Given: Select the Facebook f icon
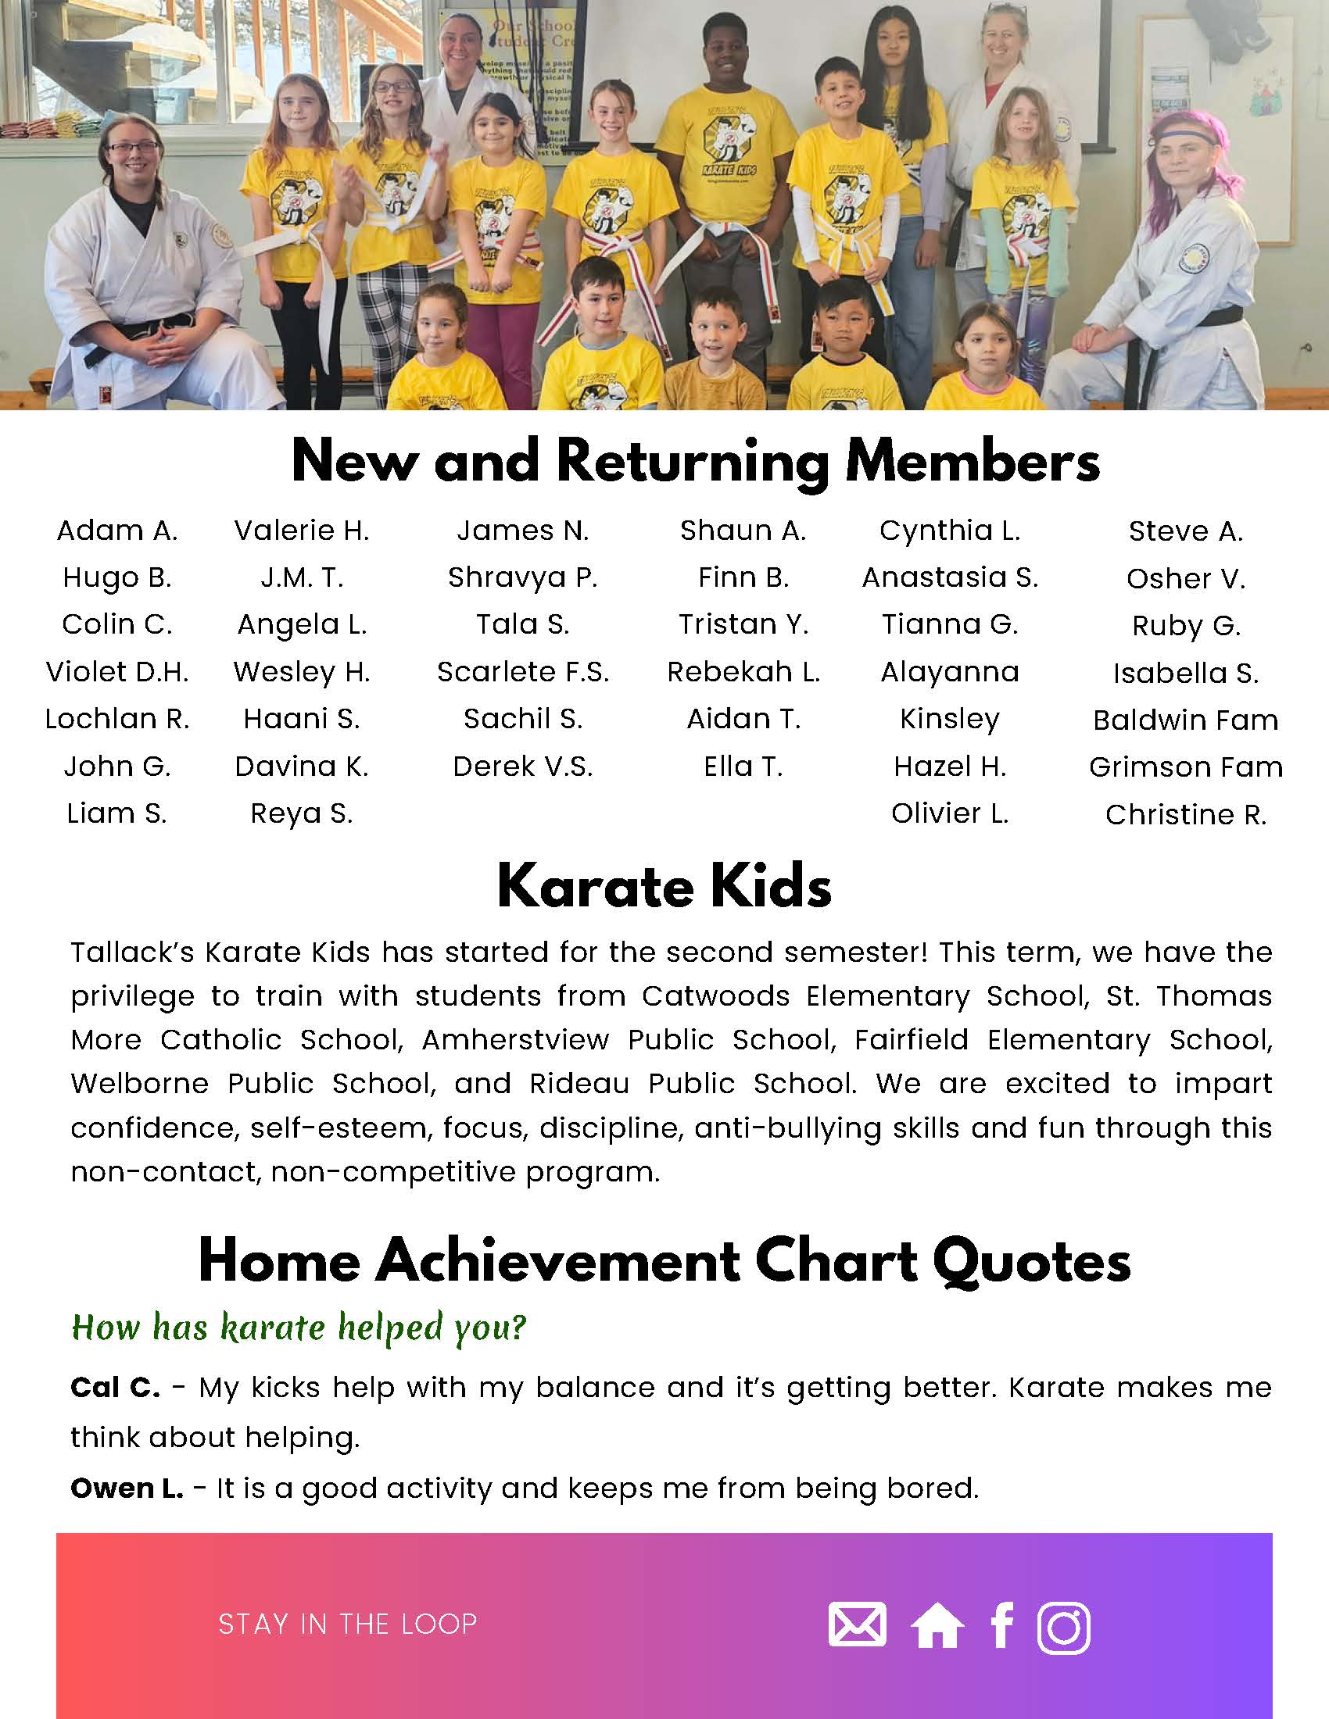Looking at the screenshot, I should pos(1001,1624).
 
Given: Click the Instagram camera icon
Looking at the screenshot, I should pos(1064,1626).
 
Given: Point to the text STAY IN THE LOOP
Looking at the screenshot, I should pos(347,1624).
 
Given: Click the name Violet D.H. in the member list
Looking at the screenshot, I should pos(117,671).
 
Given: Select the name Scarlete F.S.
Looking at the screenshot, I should pos(523,671).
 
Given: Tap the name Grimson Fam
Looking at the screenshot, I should pos(1186,767).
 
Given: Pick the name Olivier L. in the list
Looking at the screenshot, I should pos(950,813).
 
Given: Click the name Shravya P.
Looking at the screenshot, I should pos(523,577).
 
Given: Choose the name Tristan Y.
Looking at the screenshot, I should pos(743,624).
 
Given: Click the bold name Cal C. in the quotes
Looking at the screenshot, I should pos(115,1388).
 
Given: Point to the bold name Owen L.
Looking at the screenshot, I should pos(126,1488).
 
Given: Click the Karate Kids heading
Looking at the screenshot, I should pos(664,886).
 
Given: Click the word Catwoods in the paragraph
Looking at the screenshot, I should pos(715,995).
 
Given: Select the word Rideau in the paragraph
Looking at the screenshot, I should pos(579,1084).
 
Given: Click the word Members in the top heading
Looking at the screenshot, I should pos(972,462).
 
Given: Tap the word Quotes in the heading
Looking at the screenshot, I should pos(1031,1262).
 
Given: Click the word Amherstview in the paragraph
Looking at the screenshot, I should pos(515,1040).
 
